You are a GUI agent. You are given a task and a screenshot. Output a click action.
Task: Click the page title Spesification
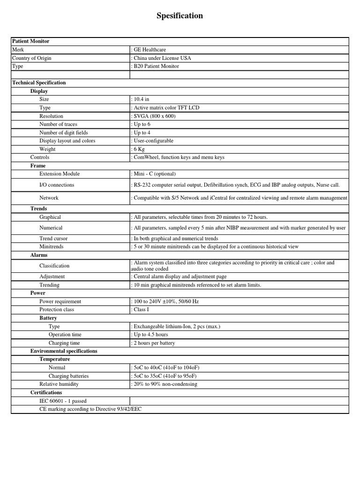point(180,16)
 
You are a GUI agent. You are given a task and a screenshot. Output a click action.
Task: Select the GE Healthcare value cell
point(150,50)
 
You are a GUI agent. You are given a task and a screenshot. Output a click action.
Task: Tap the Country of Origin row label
point(31,58)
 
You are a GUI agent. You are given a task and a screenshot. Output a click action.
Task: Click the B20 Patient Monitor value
point(156,66)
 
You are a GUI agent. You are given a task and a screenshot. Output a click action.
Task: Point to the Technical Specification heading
point(38,83)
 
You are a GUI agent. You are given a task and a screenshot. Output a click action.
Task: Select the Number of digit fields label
point(64,133)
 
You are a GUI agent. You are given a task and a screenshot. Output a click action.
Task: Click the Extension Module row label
point(60,174)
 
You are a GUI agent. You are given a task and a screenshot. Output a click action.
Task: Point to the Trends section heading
point(39,209)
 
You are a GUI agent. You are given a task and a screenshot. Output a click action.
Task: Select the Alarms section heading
point(39,255)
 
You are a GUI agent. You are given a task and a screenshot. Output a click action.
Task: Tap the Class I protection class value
point(142,310)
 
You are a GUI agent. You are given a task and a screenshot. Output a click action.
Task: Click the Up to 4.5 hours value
point(150,335)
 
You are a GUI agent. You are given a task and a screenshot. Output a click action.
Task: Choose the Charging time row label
point(64,343)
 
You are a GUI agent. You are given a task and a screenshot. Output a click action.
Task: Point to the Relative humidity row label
point(59,384)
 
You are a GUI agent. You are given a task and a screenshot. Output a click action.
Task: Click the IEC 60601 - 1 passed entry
point(63,401)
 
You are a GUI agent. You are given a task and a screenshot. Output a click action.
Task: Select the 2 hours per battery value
point(154,343)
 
